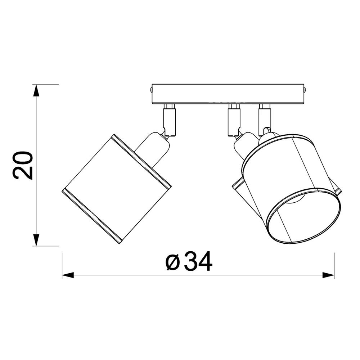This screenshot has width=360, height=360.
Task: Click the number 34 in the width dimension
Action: (x=198, y=261)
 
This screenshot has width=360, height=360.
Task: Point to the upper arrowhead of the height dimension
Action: (x=36, y=90)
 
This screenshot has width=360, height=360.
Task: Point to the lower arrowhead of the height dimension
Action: (x=36, y=240)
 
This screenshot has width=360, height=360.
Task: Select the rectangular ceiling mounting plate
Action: (x=228, y=94)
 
